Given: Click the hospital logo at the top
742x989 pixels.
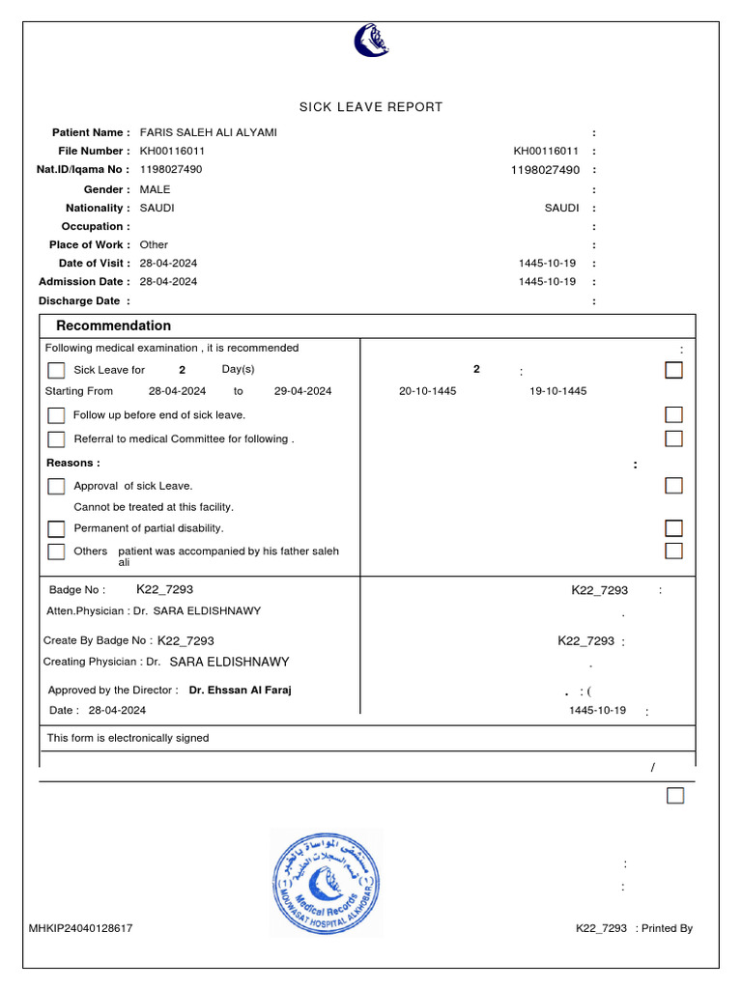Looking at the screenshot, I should (371, 41).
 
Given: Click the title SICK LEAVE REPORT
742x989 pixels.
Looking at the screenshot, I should (370, 107).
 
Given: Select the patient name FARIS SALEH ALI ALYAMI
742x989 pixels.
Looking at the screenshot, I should (208, 132).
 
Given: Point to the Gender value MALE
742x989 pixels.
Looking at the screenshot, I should (155, 189).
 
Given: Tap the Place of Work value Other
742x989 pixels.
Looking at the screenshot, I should (154, 245).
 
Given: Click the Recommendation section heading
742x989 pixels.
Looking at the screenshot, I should (113, 326).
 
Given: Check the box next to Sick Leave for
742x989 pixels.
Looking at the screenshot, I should (57, 371).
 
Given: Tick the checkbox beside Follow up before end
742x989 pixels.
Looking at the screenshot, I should (57, 415).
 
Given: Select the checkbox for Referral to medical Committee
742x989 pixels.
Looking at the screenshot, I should (57, 439).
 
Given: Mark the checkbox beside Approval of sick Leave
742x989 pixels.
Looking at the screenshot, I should (57, 487).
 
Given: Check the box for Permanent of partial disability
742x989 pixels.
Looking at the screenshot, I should (57, 529).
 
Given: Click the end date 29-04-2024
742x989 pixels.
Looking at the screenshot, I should (302, 391).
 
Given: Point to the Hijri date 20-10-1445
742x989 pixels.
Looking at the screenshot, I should (427, 391).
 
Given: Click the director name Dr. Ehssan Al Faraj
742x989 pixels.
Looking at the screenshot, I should (241, 691).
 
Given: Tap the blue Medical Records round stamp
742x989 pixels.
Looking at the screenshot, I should (326, 883).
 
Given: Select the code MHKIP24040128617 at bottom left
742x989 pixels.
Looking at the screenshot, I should (81, 928).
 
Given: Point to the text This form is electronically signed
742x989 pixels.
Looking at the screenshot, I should (128, 738).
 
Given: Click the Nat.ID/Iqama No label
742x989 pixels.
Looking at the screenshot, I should (83, 170).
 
